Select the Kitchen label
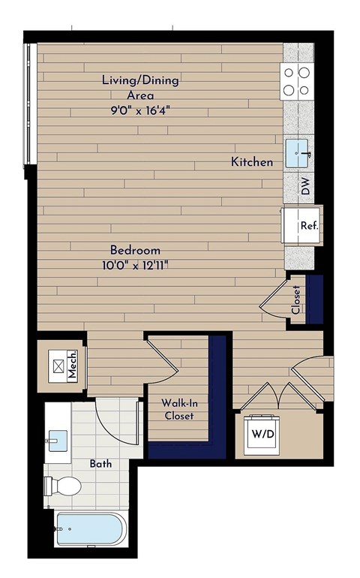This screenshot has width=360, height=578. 251,162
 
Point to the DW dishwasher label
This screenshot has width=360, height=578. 305,185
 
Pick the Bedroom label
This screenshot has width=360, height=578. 135,250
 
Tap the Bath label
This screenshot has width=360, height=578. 100,464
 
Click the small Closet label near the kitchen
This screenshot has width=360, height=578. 296,300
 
